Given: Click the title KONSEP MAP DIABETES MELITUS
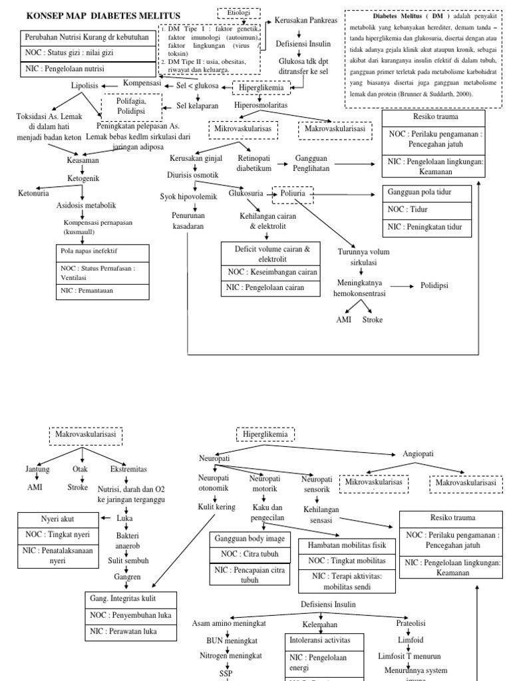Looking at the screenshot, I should [x=102, y=15].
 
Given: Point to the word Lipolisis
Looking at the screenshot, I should [x=85, y=85].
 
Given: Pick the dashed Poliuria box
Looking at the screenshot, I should [x=293, y=194].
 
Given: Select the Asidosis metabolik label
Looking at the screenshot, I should [x=82, y=206].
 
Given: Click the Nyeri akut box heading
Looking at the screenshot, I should [x=56, y=518].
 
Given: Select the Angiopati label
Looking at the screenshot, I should [x=419, y=454].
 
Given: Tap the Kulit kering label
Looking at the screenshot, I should [x=217, y=507].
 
